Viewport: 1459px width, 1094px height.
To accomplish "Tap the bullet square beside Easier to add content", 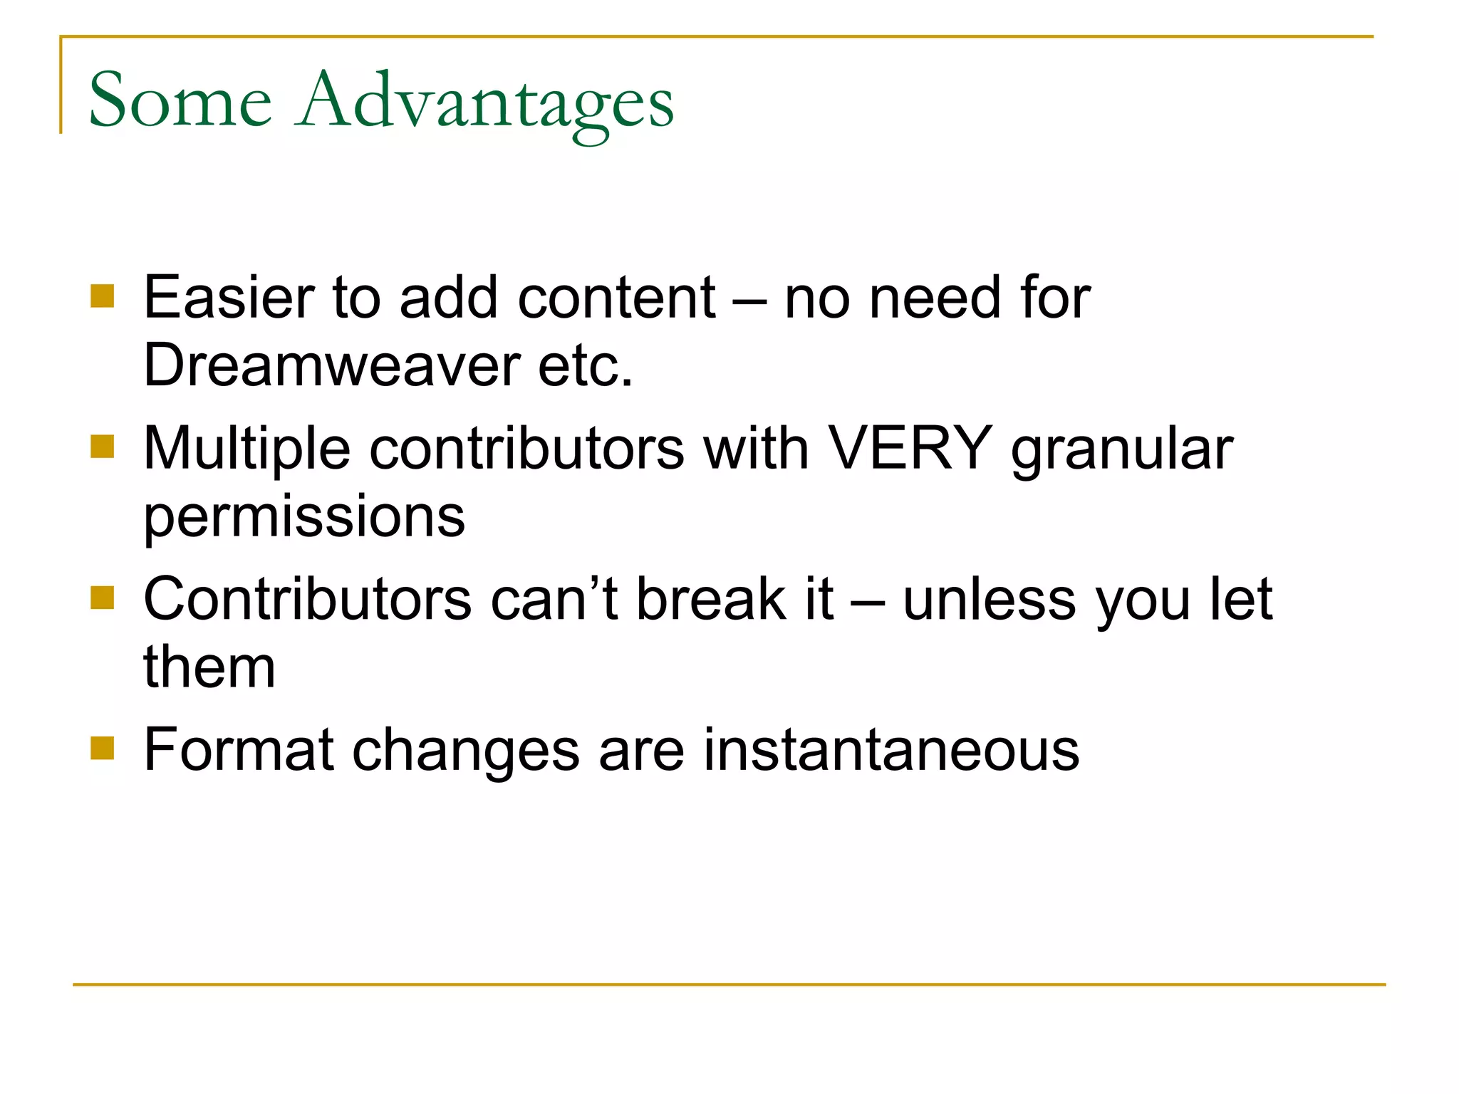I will click(103, 296).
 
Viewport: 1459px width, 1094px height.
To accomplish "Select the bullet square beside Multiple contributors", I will click(103, 447).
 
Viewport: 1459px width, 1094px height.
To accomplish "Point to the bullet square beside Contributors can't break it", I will click(103, 598).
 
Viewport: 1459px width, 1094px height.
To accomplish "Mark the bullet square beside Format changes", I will click(103, 748).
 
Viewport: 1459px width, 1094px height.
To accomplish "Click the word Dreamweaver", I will click(332, 365).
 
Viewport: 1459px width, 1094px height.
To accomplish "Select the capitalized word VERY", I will click(910, 448).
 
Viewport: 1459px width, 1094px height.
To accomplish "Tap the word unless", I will click(989, 599).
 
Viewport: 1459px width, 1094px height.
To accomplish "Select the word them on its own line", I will click(209, 667).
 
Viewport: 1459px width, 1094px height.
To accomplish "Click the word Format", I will click(238, 749).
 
